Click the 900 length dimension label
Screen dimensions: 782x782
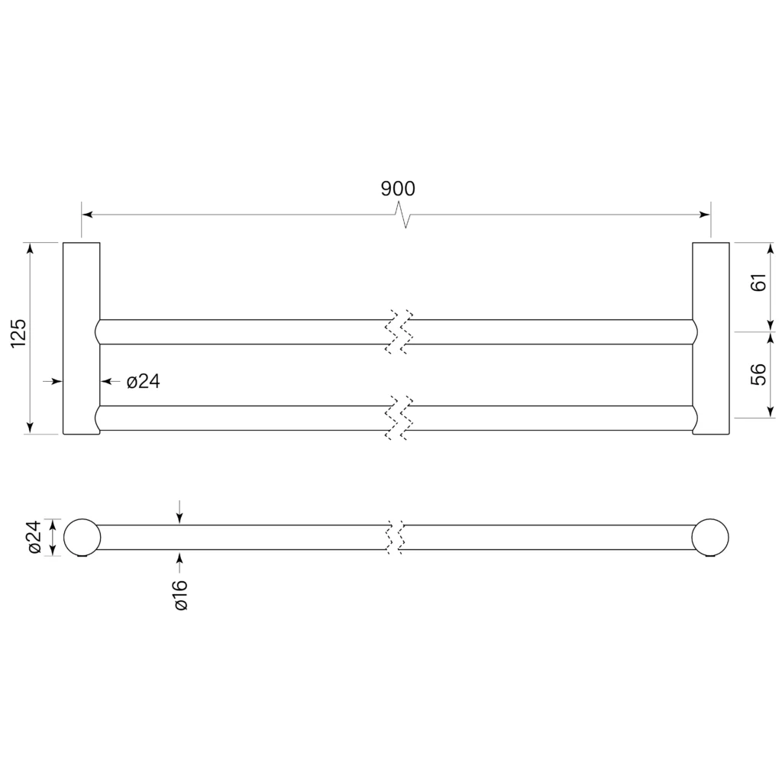[398, 189]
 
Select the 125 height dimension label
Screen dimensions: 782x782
[18, 333]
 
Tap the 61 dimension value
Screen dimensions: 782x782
[758, 283]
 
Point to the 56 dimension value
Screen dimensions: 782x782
[758, 374]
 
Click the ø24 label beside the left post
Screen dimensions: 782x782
[143, 382]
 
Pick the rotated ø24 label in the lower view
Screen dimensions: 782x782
[34, 537]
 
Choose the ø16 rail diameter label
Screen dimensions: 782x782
[180, 594]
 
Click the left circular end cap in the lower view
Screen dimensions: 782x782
[82, 537]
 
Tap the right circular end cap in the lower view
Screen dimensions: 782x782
[710, 537]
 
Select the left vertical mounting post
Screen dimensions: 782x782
[81, 338]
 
